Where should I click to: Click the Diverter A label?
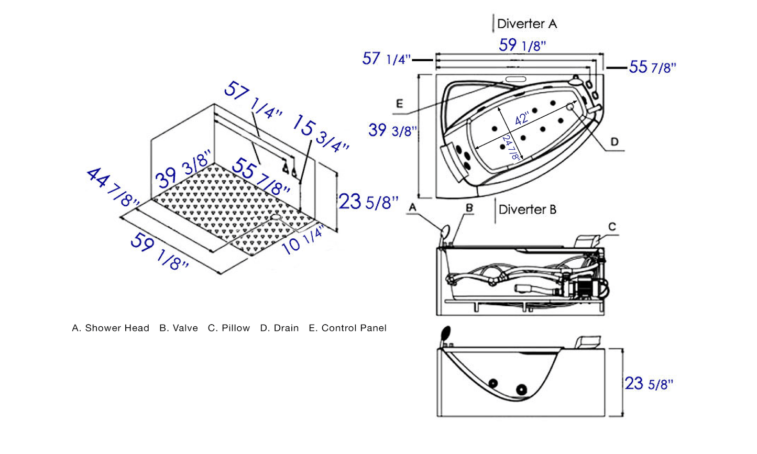(x=526, y=24)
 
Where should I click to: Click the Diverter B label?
(x=526, y=209)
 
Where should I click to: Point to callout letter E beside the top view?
(x=400, y=104)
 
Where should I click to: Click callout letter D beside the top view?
(x=614, y=141)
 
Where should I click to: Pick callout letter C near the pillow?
(x=612, y=227)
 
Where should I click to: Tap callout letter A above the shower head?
(x=413, y=208)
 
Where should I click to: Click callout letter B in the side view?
(x=469, y=208)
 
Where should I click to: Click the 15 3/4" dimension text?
(x=320, y=134)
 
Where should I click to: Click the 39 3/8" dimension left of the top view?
(x=392, y=130)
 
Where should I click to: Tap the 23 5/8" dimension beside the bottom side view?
(x=649, y=384)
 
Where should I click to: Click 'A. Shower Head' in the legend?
(x=111, y=328)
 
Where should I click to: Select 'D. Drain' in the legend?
(x=279, y=328)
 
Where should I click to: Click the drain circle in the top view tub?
(x=571, y=106)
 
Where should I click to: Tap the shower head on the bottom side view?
(x=445, y=333)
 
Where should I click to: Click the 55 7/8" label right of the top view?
(x=652, y=67)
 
